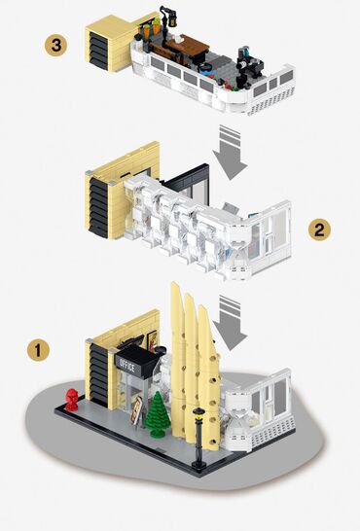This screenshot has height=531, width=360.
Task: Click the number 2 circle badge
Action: pyautogui.click(x=317, y=230)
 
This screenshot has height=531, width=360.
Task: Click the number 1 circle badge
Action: pyautogui.click(x=38, y=347)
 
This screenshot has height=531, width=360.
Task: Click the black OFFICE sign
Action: pyautogui.click(x=126, y=364)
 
